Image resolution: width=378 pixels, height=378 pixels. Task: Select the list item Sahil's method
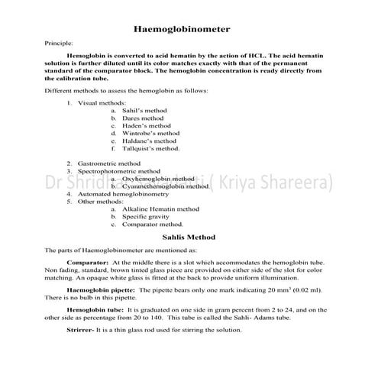144,111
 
